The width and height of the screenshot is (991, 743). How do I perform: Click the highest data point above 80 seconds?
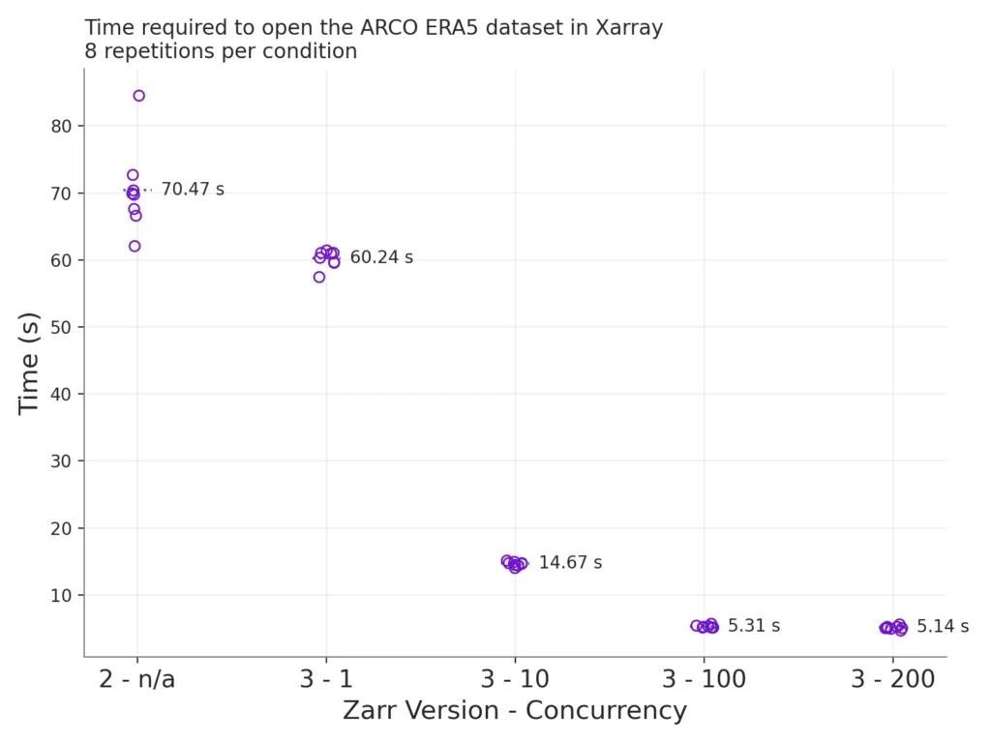click(138, 96)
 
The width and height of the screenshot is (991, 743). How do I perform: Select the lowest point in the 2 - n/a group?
click(135, 246)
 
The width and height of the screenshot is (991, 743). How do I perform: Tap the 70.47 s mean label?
click(192, 190)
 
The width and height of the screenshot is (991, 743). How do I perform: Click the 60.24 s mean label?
click(381, 257)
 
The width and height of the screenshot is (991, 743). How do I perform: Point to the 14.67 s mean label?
click(570, 562)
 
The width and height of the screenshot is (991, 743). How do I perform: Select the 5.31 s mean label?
click(754, 626)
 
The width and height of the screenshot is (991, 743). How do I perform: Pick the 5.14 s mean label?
click(943, 626)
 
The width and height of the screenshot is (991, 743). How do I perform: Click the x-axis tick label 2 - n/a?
click(137, 680)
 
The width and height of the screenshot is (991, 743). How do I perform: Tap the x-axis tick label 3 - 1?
click(326, 680)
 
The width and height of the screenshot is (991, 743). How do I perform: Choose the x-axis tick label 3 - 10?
click(515, 680)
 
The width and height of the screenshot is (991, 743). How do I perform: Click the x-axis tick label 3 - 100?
click(704, 680)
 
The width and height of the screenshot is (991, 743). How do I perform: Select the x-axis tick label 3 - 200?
click(892, 680)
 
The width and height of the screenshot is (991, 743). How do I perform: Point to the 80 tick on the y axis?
click(61, 126)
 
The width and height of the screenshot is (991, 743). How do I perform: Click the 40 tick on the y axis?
click(61, 394)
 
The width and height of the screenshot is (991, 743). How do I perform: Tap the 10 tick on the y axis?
click(61, 595)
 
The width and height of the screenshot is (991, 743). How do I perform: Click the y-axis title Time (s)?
click(29, 363)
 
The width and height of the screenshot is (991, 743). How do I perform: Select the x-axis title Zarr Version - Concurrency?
click(515, 711)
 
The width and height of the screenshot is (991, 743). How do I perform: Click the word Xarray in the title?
click(629, 28)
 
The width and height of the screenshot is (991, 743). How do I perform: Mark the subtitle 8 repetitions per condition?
click(221, 51)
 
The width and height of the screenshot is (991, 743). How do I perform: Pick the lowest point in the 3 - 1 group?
click(319, 277)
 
